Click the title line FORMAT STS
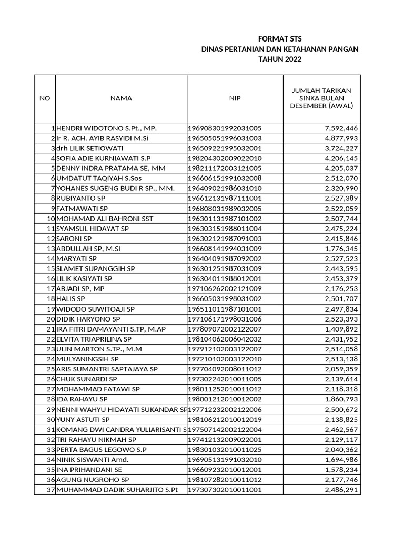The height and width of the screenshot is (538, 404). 280,39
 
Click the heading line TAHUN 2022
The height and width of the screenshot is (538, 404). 280,59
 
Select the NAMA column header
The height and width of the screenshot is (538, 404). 121,98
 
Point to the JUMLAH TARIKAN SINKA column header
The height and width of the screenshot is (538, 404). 321,98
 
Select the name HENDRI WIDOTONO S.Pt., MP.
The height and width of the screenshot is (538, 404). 107,128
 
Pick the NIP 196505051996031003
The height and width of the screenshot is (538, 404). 225,138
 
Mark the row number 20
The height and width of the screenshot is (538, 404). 51,319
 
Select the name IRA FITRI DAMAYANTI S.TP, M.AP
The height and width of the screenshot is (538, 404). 111,329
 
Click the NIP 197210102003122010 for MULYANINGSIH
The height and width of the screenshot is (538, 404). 225,359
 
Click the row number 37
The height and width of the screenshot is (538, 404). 51,490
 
